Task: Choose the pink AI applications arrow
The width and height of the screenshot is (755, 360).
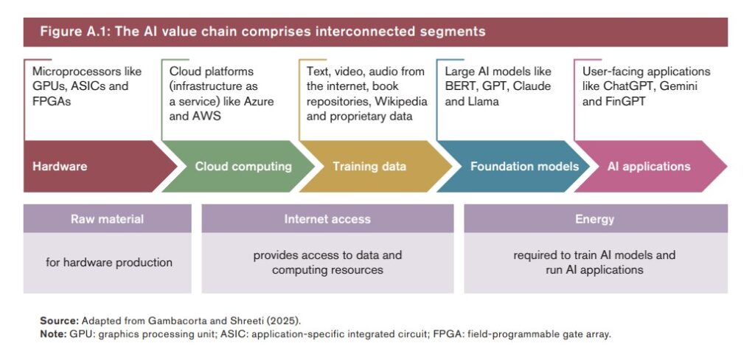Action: [649, 166]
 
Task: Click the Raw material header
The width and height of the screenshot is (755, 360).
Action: [107, 219]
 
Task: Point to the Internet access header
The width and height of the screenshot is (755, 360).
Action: [327, 219]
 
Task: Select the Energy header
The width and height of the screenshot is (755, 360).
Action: [594, 219]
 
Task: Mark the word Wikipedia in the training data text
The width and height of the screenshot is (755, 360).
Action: [380, 100]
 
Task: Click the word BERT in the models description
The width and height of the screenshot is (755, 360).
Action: [462, 86]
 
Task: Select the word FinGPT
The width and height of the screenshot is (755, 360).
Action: [625, 100]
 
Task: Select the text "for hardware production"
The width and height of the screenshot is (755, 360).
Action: [108, 262]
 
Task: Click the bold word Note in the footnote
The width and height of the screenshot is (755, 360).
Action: [53, 333]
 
